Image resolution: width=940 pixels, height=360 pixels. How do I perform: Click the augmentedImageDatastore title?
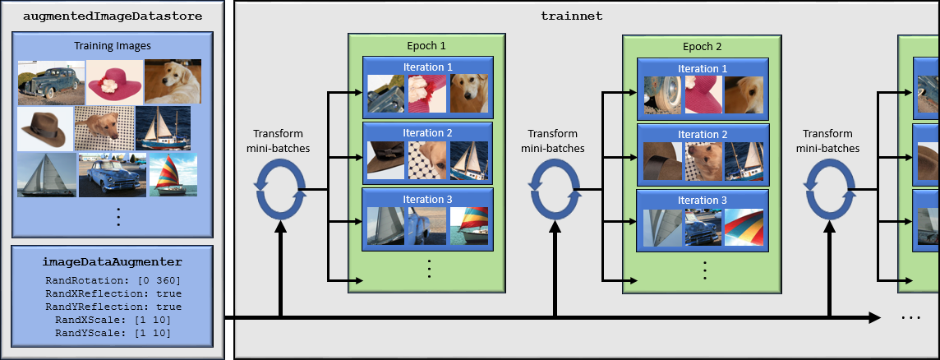pos(113,16)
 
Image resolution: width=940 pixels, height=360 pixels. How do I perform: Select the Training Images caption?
pos(113,46)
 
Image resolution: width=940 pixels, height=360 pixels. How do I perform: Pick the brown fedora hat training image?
pos(44,128)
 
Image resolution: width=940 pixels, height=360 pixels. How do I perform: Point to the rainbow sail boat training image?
pos(170,174)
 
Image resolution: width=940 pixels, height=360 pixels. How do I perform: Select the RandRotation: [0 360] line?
pos(113,280)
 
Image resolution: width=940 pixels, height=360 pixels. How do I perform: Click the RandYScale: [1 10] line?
pos(113,333)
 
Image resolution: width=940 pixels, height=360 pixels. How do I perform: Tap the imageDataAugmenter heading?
pos(113,262)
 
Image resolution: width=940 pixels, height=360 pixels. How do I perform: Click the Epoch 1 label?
pos(426,46)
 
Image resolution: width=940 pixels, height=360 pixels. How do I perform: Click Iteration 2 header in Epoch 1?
pos(427,133)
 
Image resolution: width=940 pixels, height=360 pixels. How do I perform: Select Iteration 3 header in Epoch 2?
pos(702,200)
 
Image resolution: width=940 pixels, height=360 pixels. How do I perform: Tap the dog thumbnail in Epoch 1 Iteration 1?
pos(468,94)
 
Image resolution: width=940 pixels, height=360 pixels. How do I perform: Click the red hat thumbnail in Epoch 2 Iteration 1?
pos(703,94)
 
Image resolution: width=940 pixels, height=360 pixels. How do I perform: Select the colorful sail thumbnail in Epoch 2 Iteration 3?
pos(744,227)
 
